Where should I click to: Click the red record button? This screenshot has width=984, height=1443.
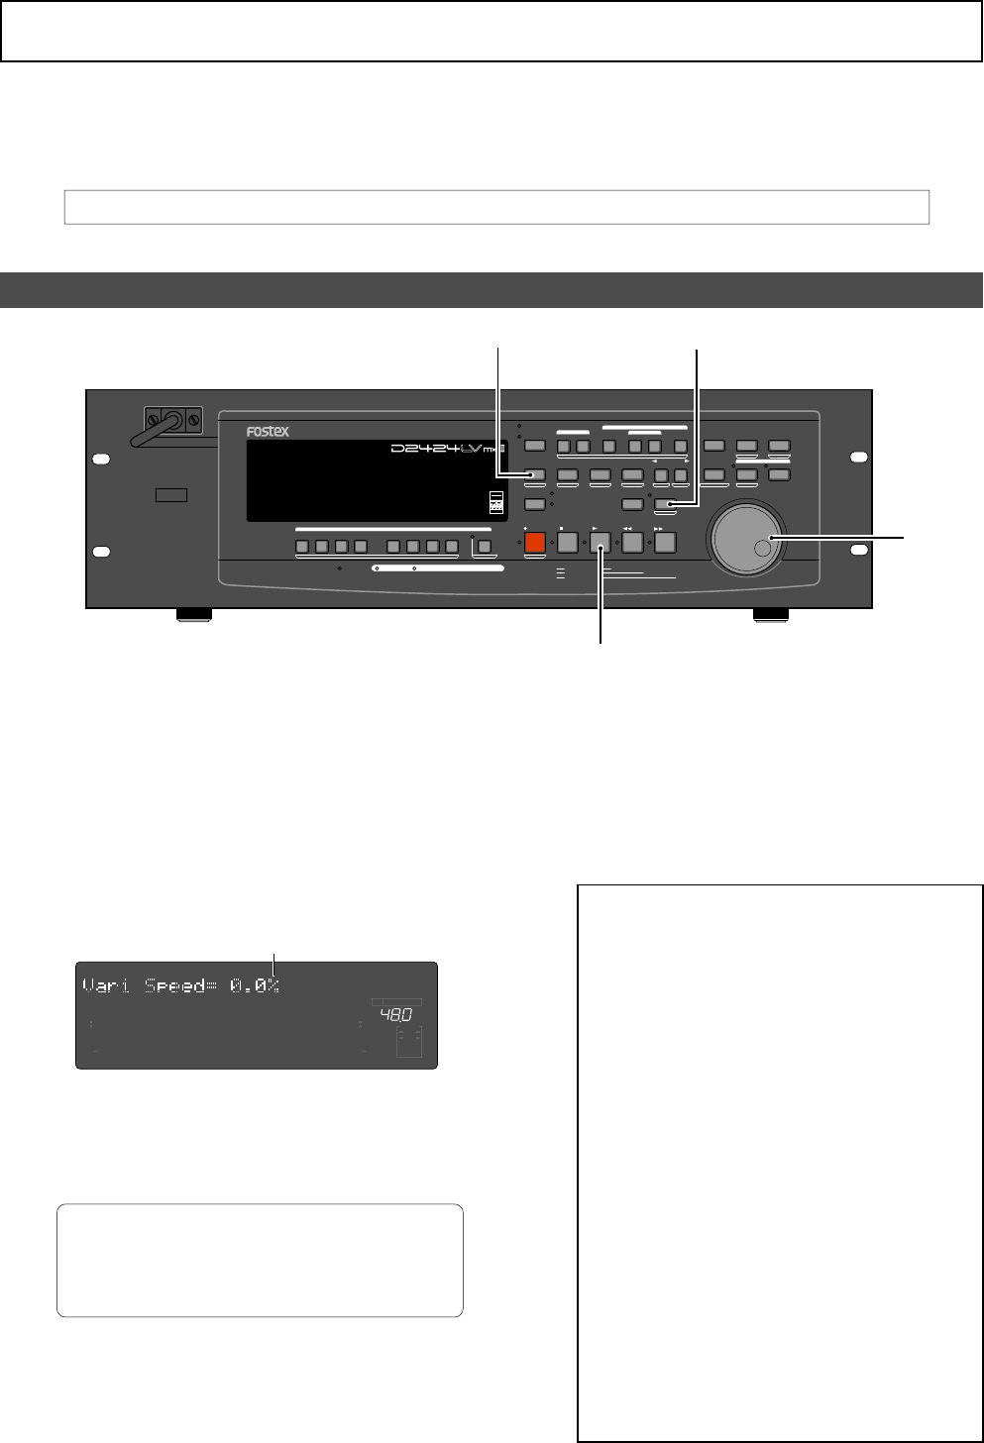tap(535, 542)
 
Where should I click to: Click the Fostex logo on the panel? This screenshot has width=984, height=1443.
tap(268, 432)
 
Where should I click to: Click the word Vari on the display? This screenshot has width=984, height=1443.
tap(106, 985)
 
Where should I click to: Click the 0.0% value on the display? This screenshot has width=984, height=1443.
tap(255, 985)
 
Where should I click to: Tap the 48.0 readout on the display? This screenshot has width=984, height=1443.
tap(395, 1015)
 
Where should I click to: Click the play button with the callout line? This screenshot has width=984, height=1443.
tap(600, 542)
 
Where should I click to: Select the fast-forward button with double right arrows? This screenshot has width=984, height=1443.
tap(664, 542)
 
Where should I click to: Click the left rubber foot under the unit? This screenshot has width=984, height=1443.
tap(193, 615)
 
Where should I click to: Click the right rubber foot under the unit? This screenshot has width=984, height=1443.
tap(770, 615)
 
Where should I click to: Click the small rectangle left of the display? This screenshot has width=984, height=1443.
tap(171, 494)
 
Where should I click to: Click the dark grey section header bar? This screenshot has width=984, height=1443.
tap(492, 290)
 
